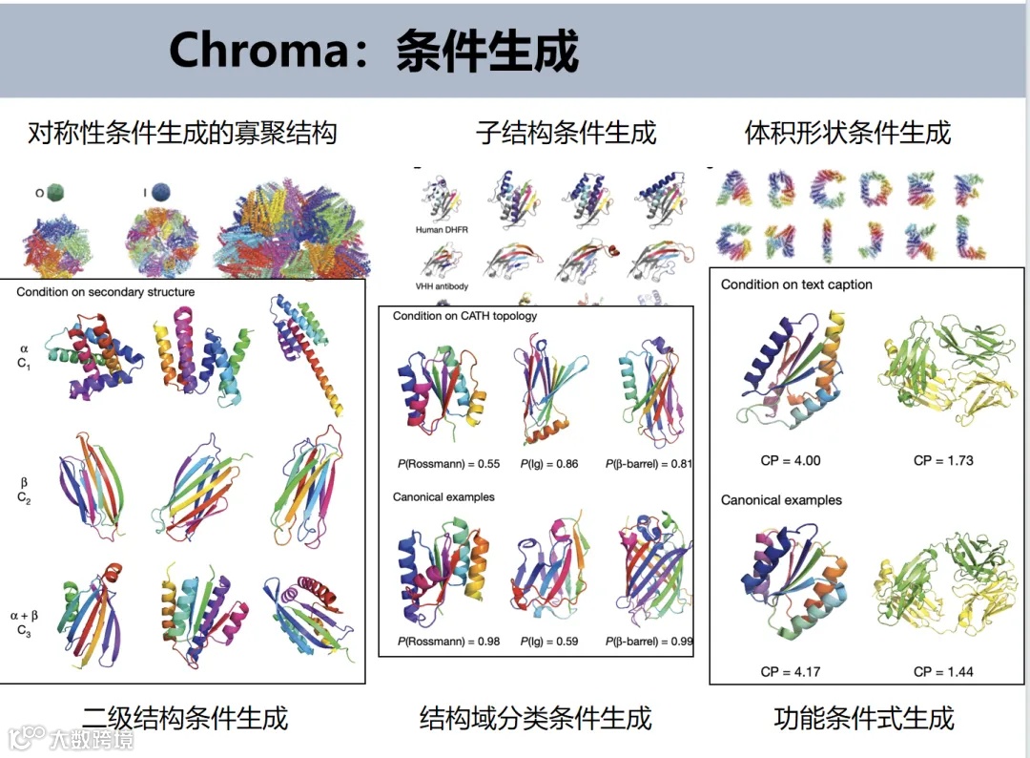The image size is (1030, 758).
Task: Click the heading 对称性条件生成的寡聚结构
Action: [x=183, y=133]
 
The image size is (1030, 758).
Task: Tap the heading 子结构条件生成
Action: [x=566, y=133]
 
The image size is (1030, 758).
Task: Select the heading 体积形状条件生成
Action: [x=848, y=133]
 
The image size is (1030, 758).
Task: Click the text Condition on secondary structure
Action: [x=106, y=292]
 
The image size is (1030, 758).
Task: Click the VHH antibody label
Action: [x=443, y=286]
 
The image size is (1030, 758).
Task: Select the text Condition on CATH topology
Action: [x=465, y=316]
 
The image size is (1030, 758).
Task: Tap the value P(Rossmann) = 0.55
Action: [x=448, y=464]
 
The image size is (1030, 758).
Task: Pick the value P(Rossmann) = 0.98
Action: [x=448, y=641]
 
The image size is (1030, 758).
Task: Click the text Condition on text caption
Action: [x=796, y=284]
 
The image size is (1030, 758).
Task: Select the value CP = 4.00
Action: [x=791, y=460]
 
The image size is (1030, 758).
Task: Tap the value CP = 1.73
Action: [x=943, y=460]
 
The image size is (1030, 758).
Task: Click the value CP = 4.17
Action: [x=791, y=671]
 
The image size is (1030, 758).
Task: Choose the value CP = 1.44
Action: [x=943, y=671]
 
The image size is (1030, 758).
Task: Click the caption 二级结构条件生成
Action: [x=185, y=718]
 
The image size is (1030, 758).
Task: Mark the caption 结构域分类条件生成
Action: [x=536, y=718]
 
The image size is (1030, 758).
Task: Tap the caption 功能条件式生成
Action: [x=864, y=718]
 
